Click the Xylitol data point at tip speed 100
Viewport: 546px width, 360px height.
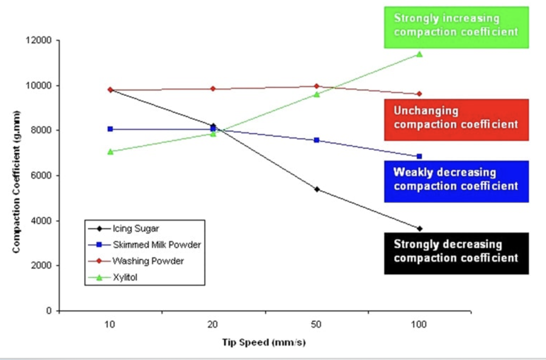tap(419, 54)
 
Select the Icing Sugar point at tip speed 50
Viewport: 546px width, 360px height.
tap(317, 189)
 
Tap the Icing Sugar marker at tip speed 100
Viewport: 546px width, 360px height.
tap(420, 229)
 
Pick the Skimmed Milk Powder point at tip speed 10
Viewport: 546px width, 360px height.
tap(110, 129)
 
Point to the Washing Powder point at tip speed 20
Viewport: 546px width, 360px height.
tap(213, 89)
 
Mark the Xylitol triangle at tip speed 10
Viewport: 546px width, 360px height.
tap(110, 152)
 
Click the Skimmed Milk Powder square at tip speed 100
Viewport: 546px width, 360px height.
tap(419, 156)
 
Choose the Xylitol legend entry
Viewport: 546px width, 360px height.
tap(125, 277)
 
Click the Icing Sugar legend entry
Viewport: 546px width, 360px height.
tap(135, 229)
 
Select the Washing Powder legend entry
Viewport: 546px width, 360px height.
tap(148, 261)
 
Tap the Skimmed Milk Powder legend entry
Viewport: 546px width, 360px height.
tap(156, 245)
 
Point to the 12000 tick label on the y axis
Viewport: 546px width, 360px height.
tap(39, 40)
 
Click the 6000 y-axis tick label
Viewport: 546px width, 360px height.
tap(41, 175)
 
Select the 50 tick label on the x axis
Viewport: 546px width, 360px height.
tap(316, 324)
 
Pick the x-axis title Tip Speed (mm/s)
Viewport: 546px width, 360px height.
tap(264, 342)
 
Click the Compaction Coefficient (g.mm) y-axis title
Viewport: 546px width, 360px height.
tap(16, 182)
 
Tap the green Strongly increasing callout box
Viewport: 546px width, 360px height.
tap(456, 27)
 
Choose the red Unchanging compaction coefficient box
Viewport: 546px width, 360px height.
tap(456, 120)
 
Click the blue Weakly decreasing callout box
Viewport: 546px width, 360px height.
tap(456, 181)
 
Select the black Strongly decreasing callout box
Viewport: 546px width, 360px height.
tap(456, 253)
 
